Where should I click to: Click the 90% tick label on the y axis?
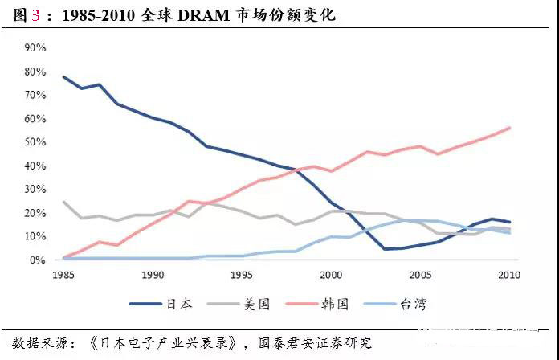point(35,47)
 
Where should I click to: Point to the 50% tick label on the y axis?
point(35,142)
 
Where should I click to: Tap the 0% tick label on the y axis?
point(38,260)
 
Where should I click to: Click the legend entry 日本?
point(178,303)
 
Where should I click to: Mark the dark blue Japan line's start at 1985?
point(63,77)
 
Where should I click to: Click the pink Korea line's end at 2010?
point(509,128)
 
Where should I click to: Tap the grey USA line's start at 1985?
point(63,202)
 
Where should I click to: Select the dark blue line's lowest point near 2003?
point(385,249)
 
